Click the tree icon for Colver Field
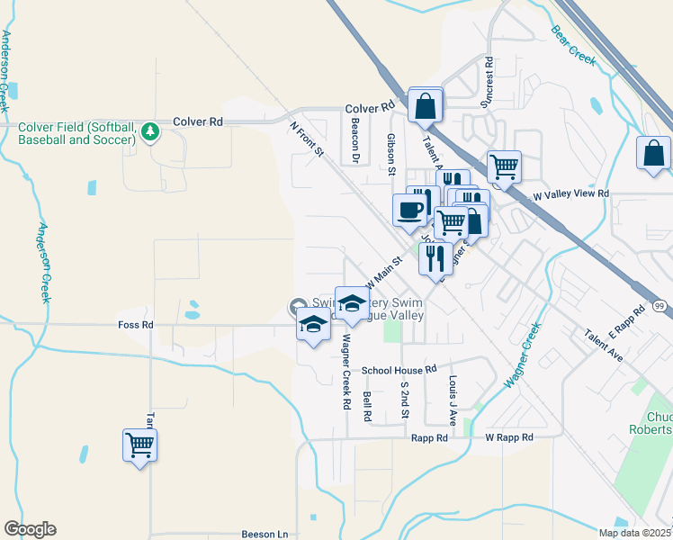[149, 133]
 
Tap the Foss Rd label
[136, 324]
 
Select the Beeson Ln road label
[265, 534]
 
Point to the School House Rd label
[399, 369]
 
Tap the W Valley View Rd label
[571, 193]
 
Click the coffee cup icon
[409, 210]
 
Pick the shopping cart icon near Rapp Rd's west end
[139, 445]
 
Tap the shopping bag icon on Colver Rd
[425, 105]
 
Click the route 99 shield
[660, 308]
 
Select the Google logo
[30, 529]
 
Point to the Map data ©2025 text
[634, 533]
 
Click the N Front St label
[306, 139]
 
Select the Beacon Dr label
[355, 141]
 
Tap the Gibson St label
[391, 153]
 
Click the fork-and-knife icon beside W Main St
[435, 259]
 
